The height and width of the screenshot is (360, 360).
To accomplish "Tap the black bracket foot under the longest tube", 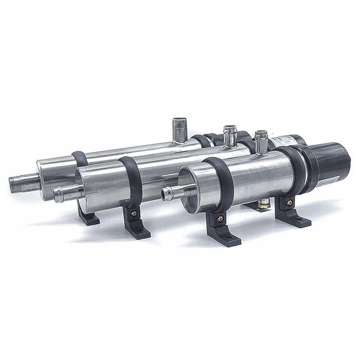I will pos(88,218).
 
